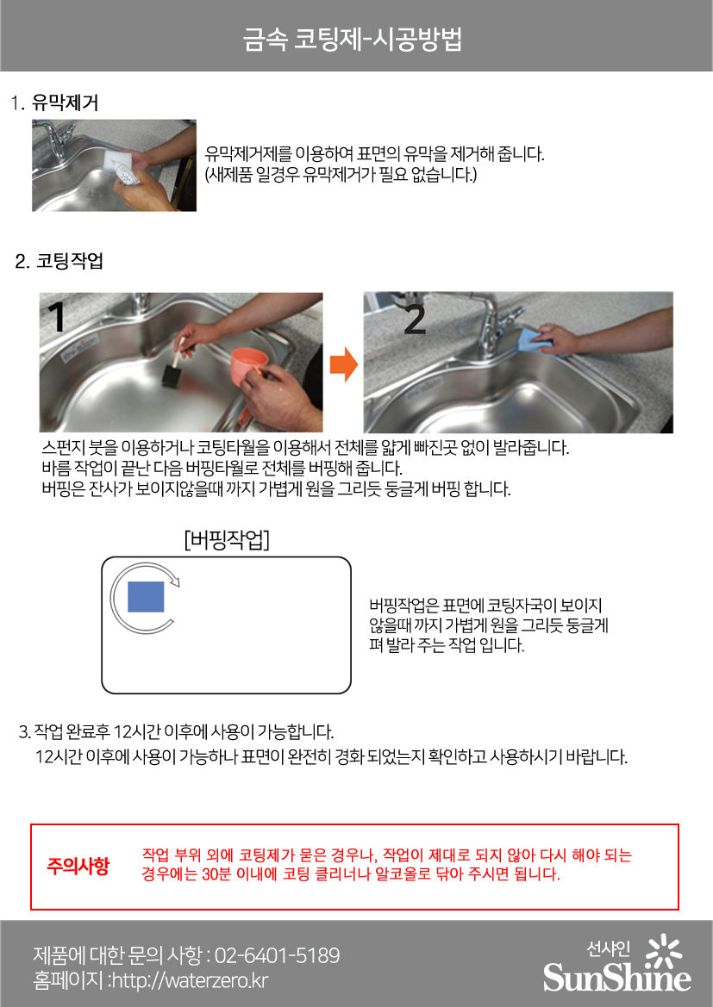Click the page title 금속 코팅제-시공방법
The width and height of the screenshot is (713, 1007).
pyautogui.click(x=353, y=39)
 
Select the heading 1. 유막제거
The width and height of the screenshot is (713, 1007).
pyautogui.click(x=54, y=103)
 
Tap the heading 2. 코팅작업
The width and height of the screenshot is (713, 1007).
pyautogui.click(x=59, y=261)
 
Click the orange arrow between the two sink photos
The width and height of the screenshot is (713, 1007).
pyautogui.click(x=343, y=364)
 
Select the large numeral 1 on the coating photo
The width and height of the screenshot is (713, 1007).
pyautogui.click(x=58, y=317)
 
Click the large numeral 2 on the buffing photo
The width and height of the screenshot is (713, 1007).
pyautogui.click(x=415, y=320)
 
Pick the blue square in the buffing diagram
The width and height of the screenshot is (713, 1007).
pyautogui.click(x=146, y=597)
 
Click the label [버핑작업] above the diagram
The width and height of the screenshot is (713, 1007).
pyautogui.click(x=226, y=539)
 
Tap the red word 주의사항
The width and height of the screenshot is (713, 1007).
pyautogui.click(x=78, y=866)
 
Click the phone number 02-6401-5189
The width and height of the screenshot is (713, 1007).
pyautogui.click(x=277, y=955)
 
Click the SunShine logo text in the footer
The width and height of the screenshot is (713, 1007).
pyautogui.click(x=616, y=978)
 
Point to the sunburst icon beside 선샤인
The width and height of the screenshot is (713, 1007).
pyautogui.click(x=662, y=951)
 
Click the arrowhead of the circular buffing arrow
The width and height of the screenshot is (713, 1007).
pyautogui.click(x=176, y=581)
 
